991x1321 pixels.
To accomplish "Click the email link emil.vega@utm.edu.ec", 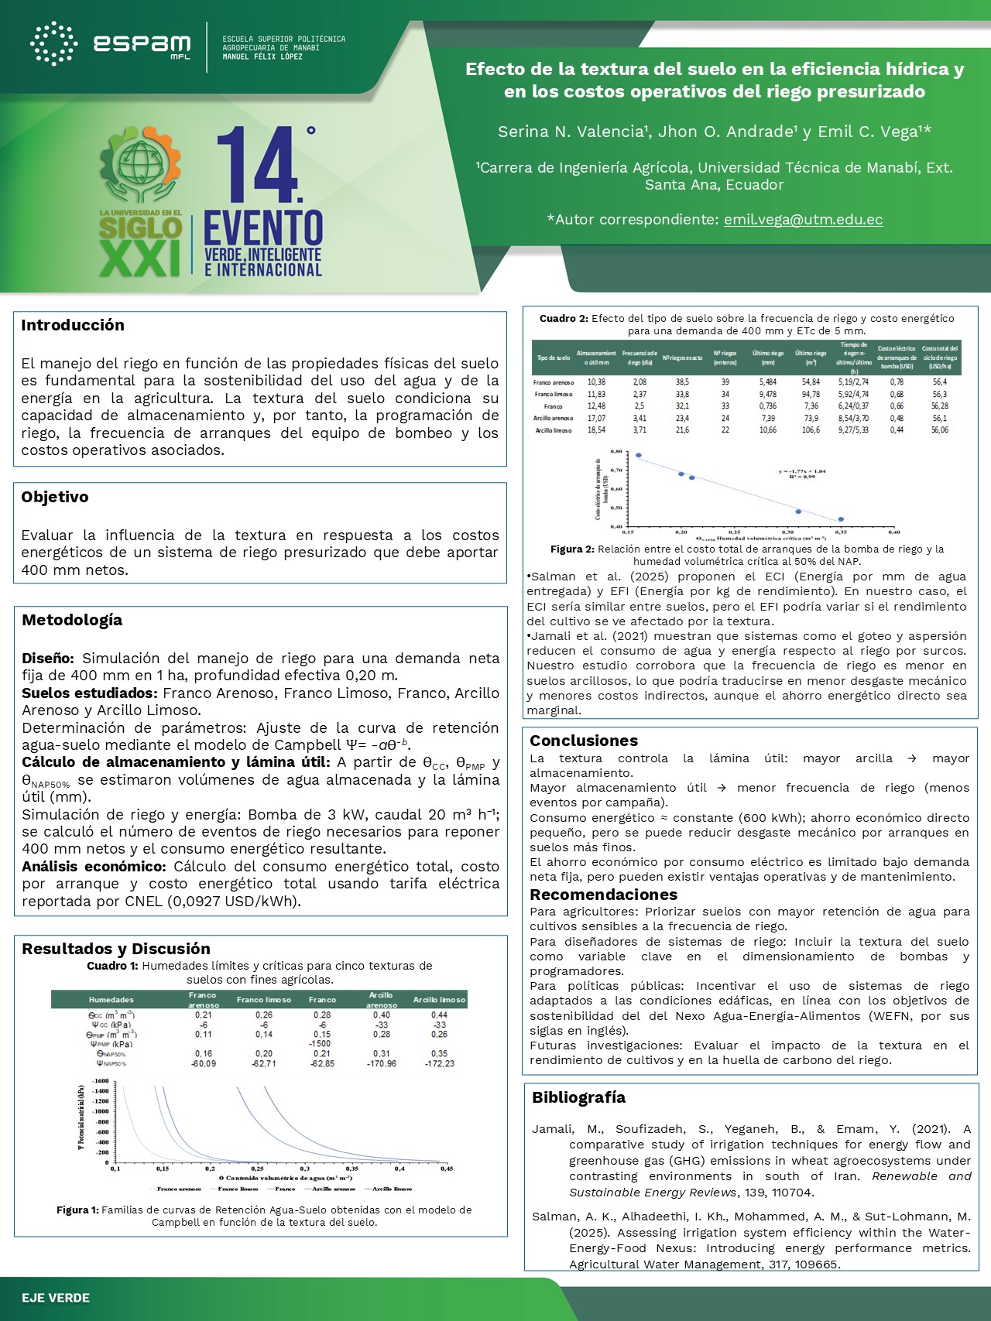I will pos(803,220).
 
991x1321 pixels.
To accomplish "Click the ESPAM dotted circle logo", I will pos(53,43).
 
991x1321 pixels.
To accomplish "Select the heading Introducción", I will pos(73,325).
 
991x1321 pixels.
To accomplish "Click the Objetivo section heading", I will pos(55,497).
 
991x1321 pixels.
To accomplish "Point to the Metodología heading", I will pos(72,620).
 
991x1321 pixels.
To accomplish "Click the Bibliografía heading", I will pos(578,1097).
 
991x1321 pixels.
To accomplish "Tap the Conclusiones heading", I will pos(584,741).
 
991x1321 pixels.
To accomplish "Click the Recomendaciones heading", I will pos(603,895).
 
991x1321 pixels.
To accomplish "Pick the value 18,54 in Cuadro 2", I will pos(596,430).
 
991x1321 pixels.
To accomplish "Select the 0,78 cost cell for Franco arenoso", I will pos(897,382).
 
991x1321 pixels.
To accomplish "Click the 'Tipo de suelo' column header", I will pos(554,358).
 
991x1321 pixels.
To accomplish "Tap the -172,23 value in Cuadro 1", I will pos(440,1063).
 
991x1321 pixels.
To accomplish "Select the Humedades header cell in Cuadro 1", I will pos(111,1000).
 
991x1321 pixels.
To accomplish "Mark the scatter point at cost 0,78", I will pos(639,455).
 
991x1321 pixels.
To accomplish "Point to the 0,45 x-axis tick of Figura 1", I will pos(447,1169).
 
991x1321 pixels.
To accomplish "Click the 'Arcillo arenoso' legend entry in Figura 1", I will pos(334,1189).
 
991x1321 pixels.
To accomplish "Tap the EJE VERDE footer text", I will pos(56,1298).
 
